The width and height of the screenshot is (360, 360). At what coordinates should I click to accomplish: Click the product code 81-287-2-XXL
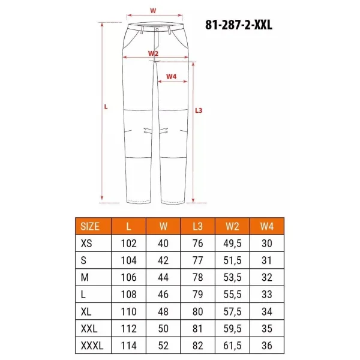pyautogui.click(x=239, y=25)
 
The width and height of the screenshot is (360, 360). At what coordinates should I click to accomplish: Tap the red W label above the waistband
pyautogui.click(x=153, y=11)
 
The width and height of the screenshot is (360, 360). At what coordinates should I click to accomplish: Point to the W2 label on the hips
pyautogui.click(x=153, y=53)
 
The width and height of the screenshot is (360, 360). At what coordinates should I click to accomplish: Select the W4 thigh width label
pyautogui.click(x=171, y=76)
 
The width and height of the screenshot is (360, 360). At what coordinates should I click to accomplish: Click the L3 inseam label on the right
pyautogui.click(x=199, y=110)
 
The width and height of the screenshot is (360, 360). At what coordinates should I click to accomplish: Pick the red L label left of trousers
pyautogui.click(x=106, y=107)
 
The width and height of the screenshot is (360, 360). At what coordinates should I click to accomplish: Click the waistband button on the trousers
pyautogui.click(x=157, y=29)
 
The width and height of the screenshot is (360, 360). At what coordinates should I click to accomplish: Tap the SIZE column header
pyautogui.click(x=90, y=226)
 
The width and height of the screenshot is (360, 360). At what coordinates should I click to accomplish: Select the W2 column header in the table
pyautogui.click(x=232, y=226)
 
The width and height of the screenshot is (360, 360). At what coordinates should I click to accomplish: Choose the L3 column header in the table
pyautogui.click(x=197, y=226)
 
